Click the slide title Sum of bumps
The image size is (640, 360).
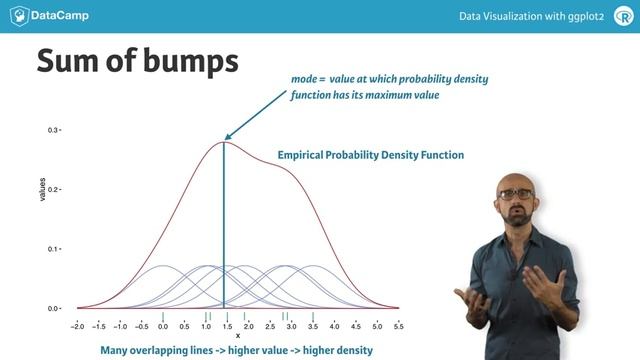tap(137, 61)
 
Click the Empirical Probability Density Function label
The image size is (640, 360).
tap(370, 156)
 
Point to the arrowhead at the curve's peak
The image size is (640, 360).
tap(227, 138)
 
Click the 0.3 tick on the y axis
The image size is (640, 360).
tap(54, 131)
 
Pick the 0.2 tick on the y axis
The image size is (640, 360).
tap(54, 190)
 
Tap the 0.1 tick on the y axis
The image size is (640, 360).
tap(54, 249)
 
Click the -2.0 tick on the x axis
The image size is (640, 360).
tap(77, 327)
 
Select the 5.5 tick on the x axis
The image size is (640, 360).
tap(398, 327)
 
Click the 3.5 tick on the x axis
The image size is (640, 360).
tap(313, 327)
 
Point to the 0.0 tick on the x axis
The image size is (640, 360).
tap(162, 327)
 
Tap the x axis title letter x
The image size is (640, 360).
tap(237, 336)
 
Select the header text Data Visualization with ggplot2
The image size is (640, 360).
tap(525, 16)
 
